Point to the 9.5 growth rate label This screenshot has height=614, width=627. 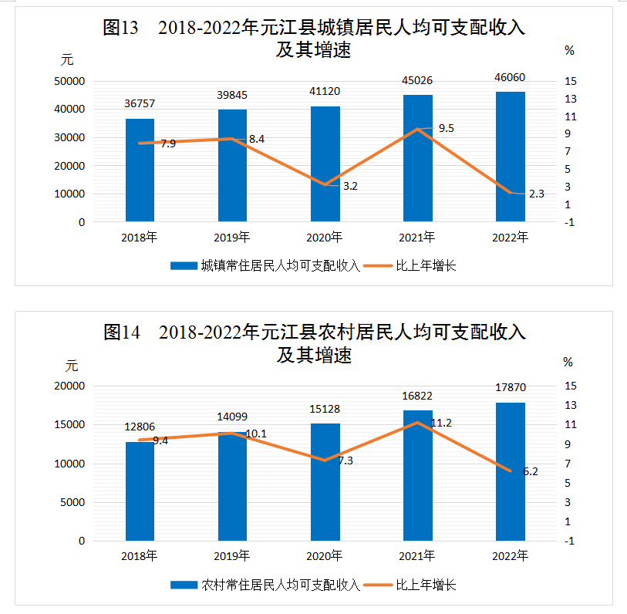[x=446, y=128]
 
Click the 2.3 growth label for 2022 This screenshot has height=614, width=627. [x=537, y=194]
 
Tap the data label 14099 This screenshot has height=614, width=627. [x=232, y=417]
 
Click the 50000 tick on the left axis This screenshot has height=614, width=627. [x=70, y=81]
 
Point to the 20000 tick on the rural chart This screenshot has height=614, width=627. [x=70, y=386]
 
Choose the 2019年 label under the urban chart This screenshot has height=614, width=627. [x=232, y=237]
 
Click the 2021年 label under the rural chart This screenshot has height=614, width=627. [x=417, y=555]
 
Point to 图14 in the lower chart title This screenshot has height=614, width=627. [x=121, y=333]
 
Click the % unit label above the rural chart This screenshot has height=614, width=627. [x=568, y=361]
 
